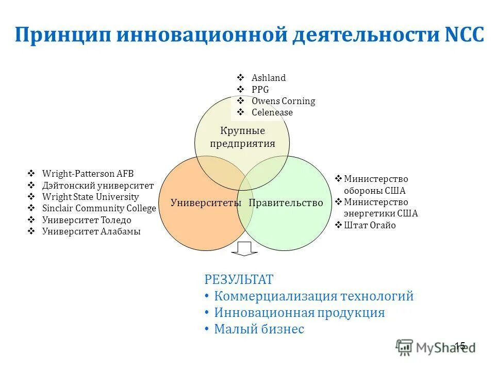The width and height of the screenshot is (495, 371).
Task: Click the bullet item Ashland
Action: (268, 78)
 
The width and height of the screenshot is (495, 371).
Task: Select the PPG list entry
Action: (260, 89)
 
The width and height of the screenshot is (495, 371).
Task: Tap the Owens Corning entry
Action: (283, 101)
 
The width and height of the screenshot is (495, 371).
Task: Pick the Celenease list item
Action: (272, 112)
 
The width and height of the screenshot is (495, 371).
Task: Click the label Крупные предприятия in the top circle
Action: (242, 137)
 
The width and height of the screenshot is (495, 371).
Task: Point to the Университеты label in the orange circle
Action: (206, 203)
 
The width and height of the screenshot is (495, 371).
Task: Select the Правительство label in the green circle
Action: (286, 203)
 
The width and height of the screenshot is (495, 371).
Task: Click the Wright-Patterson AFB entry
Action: (88, 174)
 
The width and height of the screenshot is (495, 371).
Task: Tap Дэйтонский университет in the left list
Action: (97, 185)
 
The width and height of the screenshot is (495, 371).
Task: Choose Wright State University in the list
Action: (90, 197)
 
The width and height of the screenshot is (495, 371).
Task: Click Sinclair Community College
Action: (98, 208)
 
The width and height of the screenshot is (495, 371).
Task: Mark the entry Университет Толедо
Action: (86, 220)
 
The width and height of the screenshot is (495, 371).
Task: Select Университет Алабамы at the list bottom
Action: (91, 231)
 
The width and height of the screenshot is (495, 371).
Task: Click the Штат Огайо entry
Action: (370, 225)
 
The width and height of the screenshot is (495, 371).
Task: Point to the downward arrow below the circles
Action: (244, 248)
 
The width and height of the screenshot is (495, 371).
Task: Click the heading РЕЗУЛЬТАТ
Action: (239, 280)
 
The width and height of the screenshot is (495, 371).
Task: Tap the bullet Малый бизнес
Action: (259, 329)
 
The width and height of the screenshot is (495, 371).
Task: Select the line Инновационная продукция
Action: (299, 312)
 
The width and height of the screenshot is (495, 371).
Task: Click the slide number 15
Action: (460, 346)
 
